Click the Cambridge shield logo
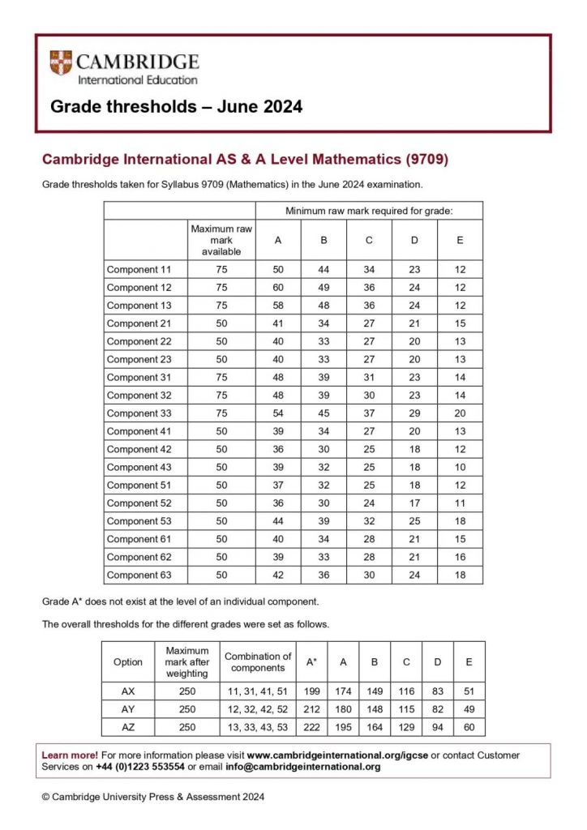tap(61, 63)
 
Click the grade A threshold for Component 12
tap(279, 288)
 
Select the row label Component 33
tap(139, 413)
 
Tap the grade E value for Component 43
tap(461, 467)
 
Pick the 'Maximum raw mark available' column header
tap(221, 240)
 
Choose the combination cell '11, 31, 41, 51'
tap(258, 691)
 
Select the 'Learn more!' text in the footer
tap(70, 755)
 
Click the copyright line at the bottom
tap(153, 797)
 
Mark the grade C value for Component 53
tap(370, 521)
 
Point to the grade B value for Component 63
tap(324, 575)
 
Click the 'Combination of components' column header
tap(258, 662)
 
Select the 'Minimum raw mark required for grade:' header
tap(369, 211)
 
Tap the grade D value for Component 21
tap(415, 323)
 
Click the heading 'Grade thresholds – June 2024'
tap(177, 106)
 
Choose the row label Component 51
tap(139, 485)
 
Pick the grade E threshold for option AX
tap(469, 691)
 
